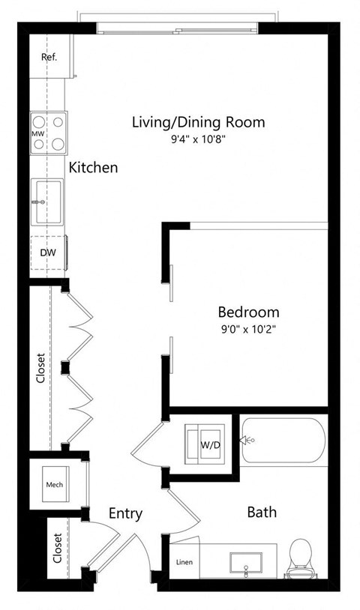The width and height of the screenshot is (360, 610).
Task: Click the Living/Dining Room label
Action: tap(198, 121)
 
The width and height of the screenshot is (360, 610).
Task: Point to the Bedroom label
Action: tap(248, 312)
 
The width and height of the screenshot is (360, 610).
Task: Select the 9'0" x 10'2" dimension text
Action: tap(248, 328)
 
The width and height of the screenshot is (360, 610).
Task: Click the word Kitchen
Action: tap(93, 167)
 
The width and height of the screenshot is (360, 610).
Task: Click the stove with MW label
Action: tap(48, 133)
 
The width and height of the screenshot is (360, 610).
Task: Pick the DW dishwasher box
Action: tap(48, 253)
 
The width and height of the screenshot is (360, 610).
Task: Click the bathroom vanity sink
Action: tap(245, 561)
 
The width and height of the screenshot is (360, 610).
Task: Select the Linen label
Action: tap(184, 562)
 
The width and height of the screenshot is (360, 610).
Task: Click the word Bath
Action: tap(262, 513)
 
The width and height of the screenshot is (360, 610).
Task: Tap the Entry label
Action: tap(125, 513)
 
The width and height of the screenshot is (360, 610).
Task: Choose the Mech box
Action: tap(54, 483)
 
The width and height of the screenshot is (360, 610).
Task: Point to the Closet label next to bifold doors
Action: tap(41, 369)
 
